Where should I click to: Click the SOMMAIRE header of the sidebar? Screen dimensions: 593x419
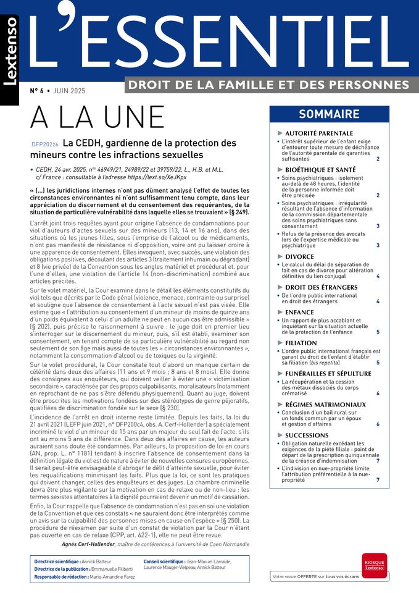coord(329,114)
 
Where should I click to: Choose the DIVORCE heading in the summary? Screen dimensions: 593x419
coord(299,256)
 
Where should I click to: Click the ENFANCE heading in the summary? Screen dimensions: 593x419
coord(299,313)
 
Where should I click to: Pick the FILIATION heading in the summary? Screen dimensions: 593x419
coord(301,343)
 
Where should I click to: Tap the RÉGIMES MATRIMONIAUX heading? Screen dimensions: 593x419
coord(325,405)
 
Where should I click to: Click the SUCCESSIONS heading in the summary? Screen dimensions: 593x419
coord(307,435)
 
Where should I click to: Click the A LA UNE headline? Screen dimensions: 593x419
coord(97,117)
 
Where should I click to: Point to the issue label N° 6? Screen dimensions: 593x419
coord(39,91)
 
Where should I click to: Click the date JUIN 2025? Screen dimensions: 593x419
coord(69,91)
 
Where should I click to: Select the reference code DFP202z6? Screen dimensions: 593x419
coord(45,144)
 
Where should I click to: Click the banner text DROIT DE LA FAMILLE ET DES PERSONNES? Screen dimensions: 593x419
coord(267,84)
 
